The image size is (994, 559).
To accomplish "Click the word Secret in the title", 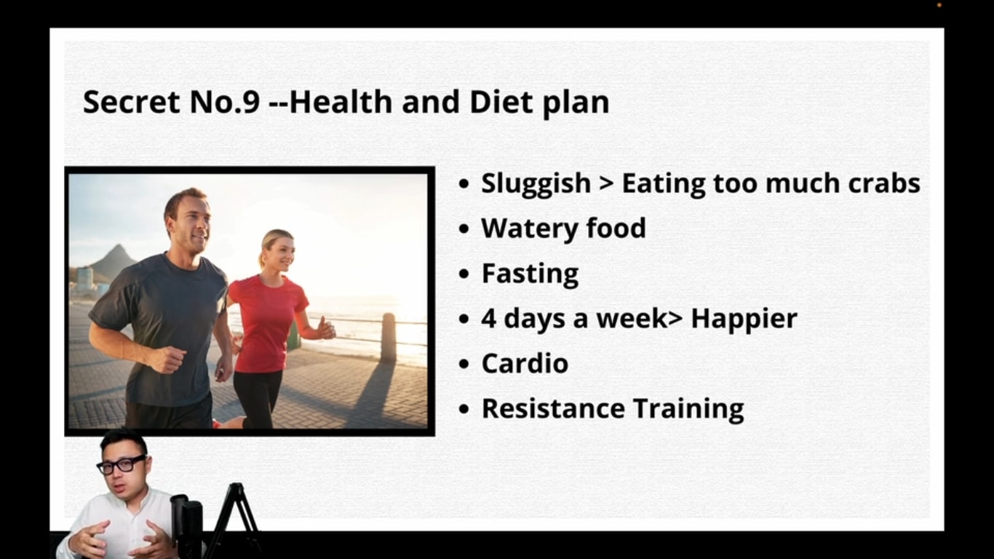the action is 132,102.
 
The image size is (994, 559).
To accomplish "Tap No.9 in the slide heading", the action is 225,102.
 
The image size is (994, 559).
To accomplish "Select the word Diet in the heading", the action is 501,102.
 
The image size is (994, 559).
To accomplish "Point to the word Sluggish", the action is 536,184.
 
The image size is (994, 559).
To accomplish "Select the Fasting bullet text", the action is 530,274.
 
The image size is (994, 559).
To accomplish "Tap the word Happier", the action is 744,320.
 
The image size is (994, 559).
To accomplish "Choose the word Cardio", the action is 525,364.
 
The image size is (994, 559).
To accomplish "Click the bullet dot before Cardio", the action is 464,364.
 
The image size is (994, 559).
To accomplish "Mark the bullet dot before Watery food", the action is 464,229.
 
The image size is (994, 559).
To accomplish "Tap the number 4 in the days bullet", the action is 489,318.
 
